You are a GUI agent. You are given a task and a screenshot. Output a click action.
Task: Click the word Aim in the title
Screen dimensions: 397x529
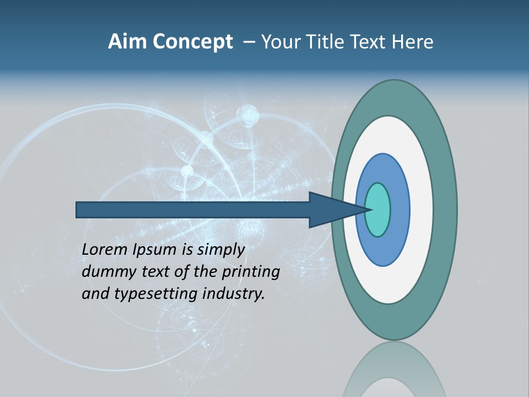pos(128,42)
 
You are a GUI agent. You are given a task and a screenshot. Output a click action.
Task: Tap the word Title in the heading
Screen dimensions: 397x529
pos(330,42)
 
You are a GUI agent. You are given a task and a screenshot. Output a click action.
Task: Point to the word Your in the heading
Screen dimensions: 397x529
pos(281,42)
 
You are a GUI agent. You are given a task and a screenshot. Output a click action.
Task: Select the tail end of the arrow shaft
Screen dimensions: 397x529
pos(78,210)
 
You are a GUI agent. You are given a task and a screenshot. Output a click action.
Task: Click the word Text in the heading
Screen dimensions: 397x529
pos(372,42)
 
